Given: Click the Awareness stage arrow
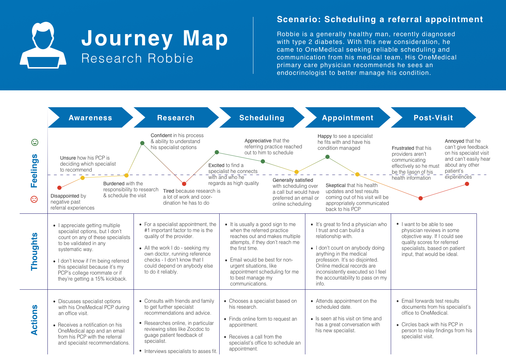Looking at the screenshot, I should click(x=90, y=118).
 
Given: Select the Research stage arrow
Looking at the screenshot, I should click(x=176, y=118).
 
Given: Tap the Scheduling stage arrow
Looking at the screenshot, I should click(x=262, y=118).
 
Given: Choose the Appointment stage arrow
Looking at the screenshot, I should click(x=348, y=118).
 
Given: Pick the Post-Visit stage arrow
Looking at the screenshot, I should click(x=433, y=118).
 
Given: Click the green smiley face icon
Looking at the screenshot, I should click(x=34, y=142).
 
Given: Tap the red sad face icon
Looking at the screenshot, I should click(x=34, y=199).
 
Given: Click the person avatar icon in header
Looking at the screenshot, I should click(x=43, y=45).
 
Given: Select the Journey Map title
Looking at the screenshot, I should click(x=155, y=38).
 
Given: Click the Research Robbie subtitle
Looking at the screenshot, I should click(x=137, y=58).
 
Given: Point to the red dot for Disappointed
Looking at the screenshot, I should click(x=59, y=188).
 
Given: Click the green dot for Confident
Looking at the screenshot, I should click(x=142, y=143).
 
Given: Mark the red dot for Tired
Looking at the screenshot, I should click(x=184, y=184).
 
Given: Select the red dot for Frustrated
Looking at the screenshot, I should click(x=421, y=198).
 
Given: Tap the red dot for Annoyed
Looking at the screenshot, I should click(x=467, y=184).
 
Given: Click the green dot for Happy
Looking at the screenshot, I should click(x=327, y=157).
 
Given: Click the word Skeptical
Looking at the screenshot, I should click(x=336, y=185).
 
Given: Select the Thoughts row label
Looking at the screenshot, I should click(x=34, y=252).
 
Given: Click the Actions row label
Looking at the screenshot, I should click(x=34, y=320).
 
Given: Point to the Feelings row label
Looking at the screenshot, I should click(x=34, y=171).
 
